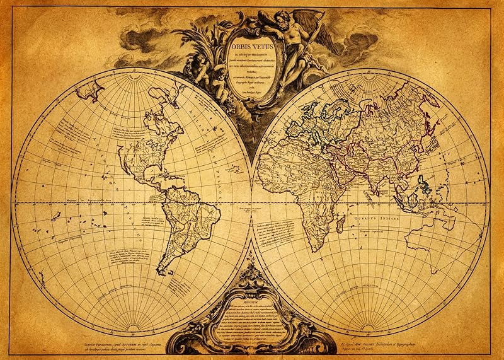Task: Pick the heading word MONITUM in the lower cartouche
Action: [x=251, y=302]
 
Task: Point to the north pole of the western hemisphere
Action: [x=132, y=84]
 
